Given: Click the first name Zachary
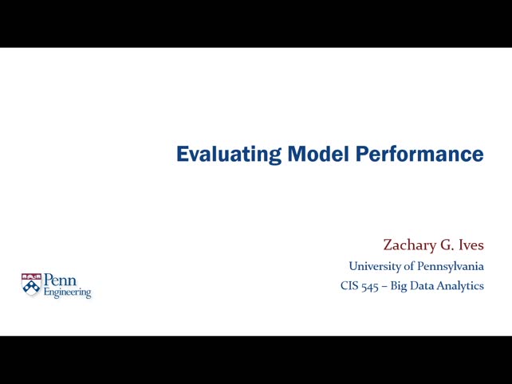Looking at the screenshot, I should pos(408,245).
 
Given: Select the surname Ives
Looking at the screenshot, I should pos(469,245).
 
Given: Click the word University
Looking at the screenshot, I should pos(374,266).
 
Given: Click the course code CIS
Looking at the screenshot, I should pos(349,285).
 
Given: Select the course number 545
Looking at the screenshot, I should pos(369,286).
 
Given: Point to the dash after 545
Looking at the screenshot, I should pos(384,286).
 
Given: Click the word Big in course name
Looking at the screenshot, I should pos(399,286).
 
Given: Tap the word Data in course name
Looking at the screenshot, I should pos(423,285).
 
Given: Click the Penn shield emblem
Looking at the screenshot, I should pos(31,284).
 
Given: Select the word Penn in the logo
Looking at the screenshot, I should pos(60,280).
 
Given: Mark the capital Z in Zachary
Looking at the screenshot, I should pos(388,245).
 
